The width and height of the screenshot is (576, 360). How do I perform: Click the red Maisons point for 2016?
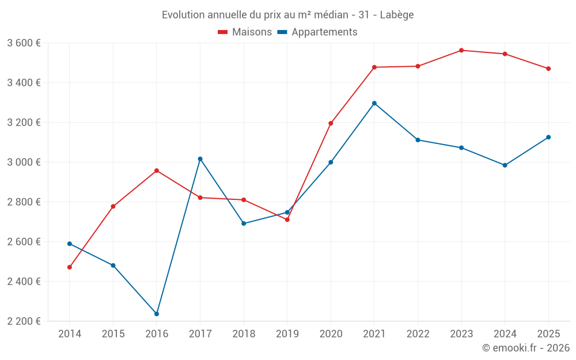point(157,170)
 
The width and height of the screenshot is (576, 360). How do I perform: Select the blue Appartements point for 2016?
point(157,314)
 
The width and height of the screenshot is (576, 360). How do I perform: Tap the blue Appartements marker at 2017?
point(200,159)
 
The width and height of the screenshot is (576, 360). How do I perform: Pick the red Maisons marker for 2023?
point(461,50)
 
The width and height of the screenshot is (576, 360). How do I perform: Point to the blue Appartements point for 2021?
point(374,103)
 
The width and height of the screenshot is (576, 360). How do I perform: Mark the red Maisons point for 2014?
point(70,267)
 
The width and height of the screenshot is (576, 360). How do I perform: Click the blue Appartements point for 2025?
point(548,137)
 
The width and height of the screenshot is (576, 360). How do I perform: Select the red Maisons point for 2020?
point(331,123)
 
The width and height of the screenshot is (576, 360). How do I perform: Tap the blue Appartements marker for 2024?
point(505,165)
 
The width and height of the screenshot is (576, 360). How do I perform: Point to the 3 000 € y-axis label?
point(24,162)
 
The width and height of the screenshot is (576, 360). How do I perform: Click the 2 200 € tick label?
point(24,321)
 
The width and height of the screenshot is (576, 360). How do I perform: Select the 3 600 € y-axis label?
point(24,43)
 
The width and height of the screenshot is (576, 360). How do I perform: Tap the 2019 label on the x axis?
point(287,334)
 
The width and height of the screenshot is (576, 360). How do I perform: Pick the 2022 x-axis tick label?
point(418,334)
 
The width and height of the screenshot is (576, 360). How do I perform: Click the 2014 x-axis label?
point(70,334)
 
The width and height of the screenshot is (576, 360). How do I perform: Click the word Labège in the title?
point(397,15)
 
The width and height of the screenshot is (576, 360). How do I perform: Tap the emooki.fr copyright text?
point(526,348)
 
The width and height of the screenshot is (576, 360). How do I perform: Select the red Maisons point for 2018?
point(244,200)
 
